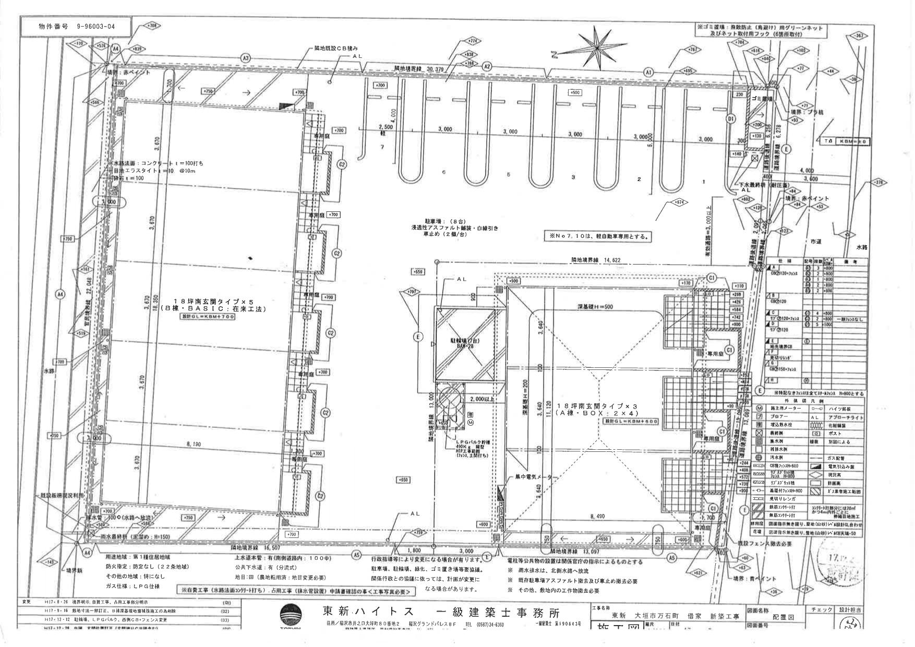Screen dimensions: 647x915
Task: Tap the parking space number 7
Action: click(382, 148)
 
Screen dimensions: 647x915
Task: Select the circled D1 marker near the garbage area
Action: click(731, 119)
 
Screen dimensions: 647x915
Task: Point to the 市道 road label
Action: click(815, 242)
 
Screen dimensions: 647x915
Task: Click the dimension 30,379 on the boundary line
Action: click(437, 69)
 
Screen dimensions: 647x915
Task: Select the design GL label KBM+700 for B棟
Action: click(207, 317)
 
